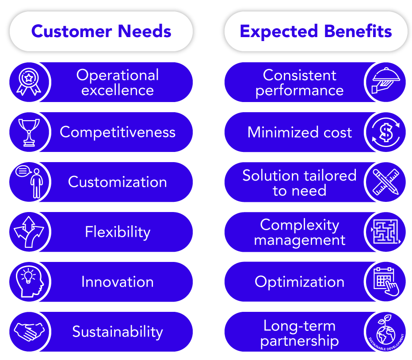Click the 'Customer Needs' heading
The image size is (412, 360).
(101, 31)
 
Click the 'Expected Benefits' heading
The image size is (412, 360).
(316, 31)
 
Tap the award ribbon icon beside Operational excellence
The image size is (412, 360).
(29, 82)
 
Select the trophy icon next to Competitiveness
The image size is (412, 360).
(29, 133)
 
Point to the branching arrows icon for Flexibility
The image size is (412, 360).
(29, 232)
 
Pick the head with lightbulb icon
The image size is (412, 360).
(30, 282)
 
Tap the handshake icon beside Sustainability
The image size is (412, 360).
(29, 332)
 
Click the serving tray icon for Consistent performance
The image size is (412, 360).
(386, 80)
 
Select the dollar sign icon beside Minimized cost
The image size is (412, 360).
(386, 133)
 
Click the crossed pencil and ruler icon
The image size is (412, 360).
(386, 182)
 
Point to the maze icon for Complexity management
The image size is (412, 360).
(386, 232)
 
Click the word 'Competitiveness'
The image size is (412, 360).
(118, 132)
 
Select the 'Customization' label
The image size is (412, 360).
(118, 182)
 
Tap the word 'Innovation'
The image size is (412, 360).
(118, 282)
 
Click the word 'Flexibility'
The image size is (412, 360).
(118, 232)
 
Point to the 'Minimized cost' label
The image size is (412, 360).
(300, 132)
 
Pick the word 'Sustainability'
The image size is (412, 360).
(118, 332)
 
